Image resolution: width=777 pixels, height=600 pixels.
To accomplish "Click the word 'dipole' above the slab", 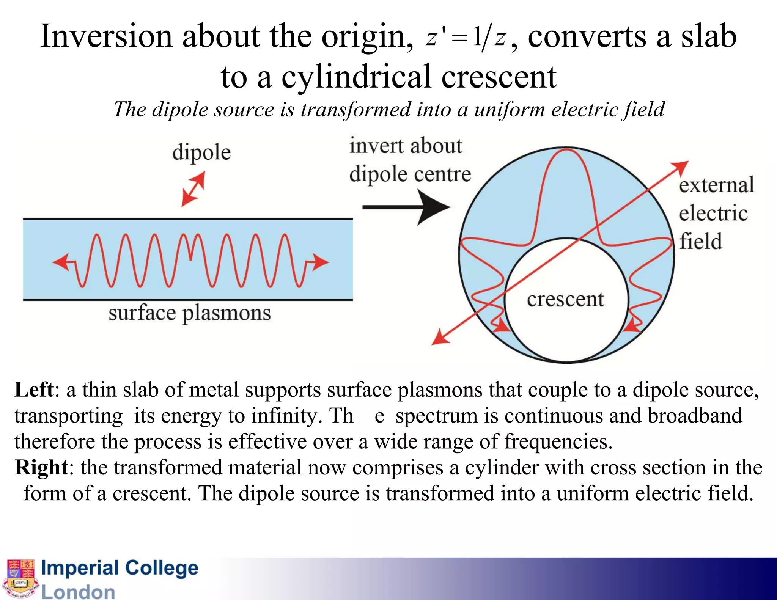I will tap(201, 153).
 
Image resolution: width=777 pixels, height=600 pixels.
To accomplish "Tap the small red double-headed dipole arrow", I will tap(193, 188).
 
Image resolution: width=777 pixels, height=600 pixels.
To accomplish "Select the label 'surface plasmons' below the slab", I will tap(190, 314).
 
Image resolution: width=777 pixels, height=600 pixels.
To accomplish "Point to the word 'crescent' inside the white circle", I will tap(565, 300).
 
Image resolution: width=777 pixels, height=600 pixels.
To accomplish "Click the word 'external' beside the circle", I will tap(716, 185).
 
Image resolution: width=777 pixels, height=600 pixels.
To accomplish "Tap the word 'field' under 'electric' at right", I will tap(700, 242).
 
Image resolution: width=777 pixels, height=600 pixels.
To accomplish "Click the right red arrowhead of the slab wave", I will tap(321, 262).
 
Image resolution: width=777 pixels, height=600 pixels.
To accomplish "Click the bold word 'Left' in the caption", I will tap(34, 390).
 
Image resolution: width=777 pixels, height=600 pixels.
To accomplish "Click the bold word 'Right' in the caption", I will tap(41, 467).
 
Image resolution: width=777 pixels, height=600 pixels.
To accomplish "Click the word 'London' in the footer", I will tap(78, 592).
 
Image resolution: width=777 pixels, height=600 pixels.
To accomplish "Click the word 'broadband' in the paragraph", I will tap(695, 415).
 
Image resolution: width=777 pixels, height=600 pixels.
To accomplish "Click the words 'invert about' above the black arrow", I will tap(406, 146).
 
